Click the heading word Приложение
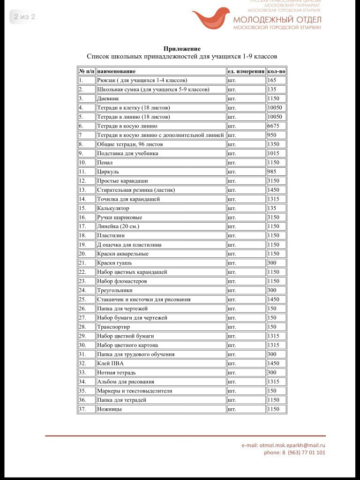click(x=182, y=49)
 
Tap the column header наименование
click(x=116, y=71)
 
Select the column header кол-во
click(x=276, y=71)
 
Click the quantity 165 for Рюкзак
click(x=272, y=80)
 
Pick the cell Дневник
click(x=108, y=98)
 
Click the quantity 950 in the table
click(x=272, y=135)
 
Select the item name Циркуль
click(x=108, y=172)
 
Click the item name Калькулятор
click(x=113, y=208)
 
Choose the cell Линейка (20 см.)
click(x=118, y=226)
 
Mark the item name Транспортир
click(x=113, y=327)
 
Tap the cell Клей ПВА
click(x=110, y=363)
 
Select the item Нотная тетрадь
click(x=116, y=373)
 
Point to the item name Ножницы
click(x=109, y=409)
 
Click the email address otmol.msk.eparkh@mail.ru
click(x=283, y=445)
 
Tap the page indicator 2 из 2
click(x=24, y=17)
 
